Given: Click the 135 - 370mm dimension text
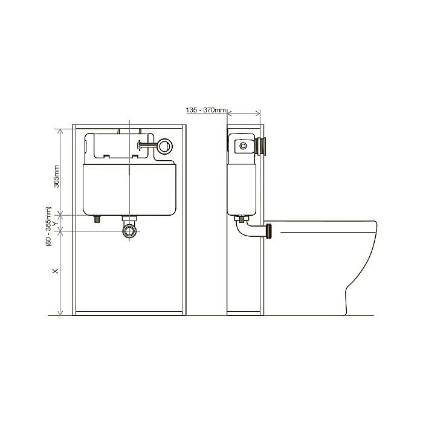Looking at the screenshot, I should point(207,111).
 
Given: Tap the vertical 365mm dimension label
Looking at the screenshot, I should point(56,175).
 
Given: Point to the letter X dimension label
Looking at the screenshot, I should point(56,271).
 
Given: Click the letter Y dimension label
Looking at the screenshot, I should point(56,223).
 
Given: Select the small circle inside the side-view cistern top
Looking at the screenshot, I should point(242,146).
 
